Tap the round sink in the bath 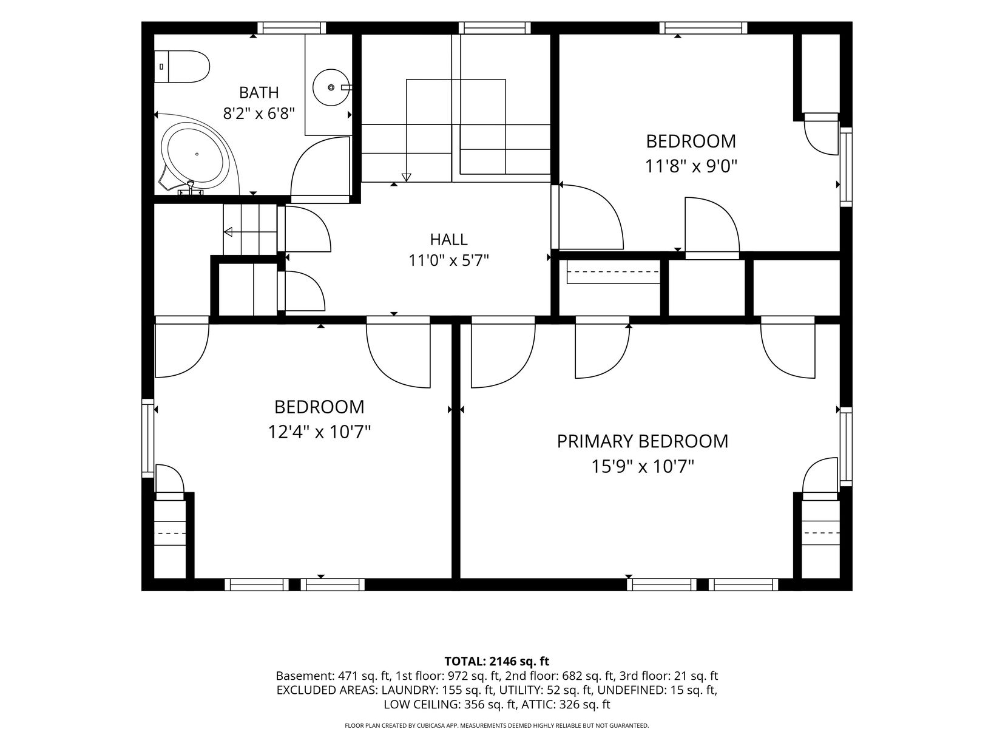[331, 87]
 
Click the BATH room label [259, 92]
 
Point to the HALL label [449, 239]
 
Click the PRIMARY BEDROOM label [642, 441]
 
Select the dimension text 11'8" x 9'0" [691, 166]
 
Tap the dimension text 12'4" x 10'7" [319, 432]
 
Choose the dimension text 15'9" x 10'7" [642, 466]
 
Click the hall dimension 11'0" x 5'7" [449, 260]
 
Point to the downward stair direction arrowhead [406, 178]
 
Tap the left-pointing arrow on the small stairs [250, 232]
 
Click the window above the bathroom [292, 28]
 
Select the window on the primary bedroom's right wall [846, 447]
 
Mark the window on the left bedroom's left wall [147, 438]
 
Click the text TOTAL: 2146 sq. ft [497, 661]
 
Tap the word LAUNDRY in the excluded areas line [402, 690]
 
